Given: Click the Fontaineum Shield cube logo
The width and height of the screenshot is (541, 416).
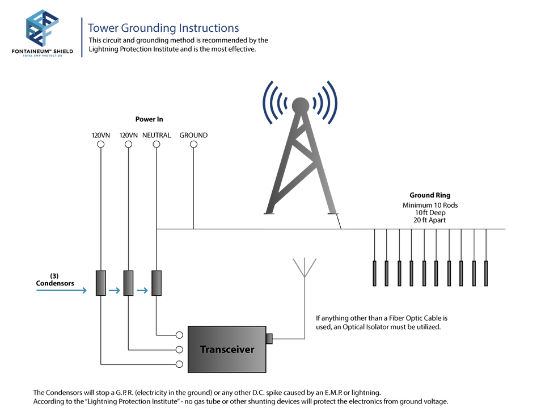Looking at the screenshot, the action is pos(43,28).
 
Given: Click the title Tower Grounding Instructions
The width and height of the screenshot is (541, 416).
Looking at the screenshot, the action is pos(163,28).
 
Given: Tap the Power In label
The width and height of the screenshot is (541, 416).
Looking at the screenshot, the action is pos(149,119).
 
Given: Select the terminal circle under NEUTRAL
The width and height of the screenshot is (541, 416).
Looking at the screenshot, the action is pos(157,144).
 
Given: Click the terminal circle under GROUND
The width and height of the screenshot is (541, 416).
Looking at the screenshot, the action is pos(193,144).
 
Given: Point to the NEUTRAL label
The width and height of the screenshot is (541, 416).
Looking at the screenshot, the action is pos(157,135).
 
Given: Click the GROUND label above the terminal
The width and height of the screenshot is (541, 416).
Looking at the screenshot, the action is pos(193,135).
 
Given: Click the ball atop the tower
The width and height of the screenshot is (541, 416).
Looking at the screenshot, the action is pos(301,106).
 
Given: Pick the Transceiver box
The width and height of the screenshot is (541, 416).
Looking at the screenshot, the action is pos(227,349).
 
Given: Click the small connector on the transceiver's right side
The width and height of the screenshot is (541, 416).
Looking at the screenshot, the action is pos(269,339).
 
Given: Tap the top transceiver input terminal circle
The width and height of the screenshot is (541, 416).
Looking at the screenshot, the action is pos(179,335).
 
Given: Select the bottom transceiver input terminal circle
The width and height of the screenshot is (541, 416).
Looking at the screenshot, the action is pos(179,364).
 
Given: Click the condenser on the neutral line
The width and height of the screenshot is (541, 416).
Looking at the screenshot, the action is pos(157,283).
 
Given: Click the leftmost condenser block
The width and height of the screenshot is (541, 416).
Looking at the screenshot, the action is pos(101,283).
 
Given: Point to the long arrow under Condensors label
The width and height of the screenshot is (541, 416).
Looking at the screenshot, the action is pos(61,291).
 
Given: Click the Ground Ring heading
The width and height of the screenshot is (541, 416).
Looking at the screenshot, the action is pos(430,195).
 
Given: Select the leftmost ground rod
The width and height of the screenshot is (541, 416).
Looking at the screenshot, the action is pos(375,274).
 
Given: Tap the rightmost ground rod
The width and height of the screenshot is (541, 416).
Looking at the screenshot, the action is pos(486,274).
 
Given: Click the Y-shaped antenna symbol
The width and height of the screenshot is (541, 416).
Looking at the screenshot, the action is pos(305,267).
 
